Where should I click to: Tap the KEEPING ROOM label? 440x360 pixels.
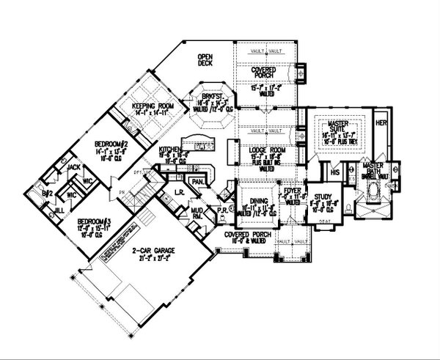[x=151, y=107]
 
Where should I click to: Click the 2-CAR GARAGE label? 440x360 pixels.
[x=153, y=251]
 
